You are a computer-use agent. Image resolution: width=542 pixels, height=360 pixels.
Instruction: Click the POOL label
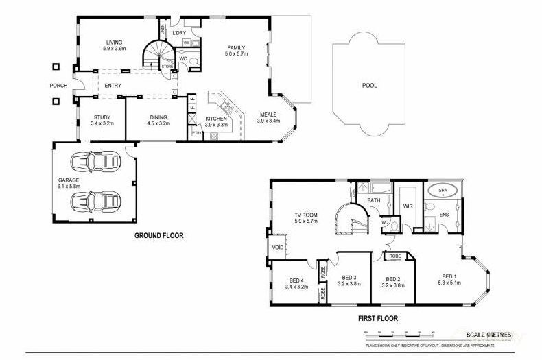tap(370, 86)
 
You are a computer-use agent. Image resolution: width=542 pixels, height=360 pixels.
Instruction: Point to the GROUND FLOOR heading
tap(158, 235)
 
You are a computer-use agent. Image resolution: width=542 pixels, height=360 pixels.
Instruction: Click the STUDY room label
tap(102, 117)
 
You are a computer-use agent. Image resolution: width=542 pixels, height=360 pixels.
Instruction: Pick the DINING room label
tap(158, 117)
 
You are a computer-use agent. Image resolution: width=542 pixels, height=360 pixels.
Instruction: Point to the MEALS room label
tap(268, 115)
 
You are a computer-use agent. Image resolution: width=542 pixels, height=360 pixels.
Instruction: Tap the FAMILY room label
tap(237, 47)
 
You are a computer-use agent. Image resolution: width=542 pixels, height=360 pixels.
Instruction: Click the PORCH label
tap(58, 86)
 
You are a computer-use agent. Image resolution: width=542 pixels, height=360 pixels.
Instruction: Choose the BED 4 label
tap(295, 281)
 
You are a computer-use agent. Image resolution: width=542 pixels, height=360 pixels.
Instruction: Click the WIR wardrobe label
tap(407, 205)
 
